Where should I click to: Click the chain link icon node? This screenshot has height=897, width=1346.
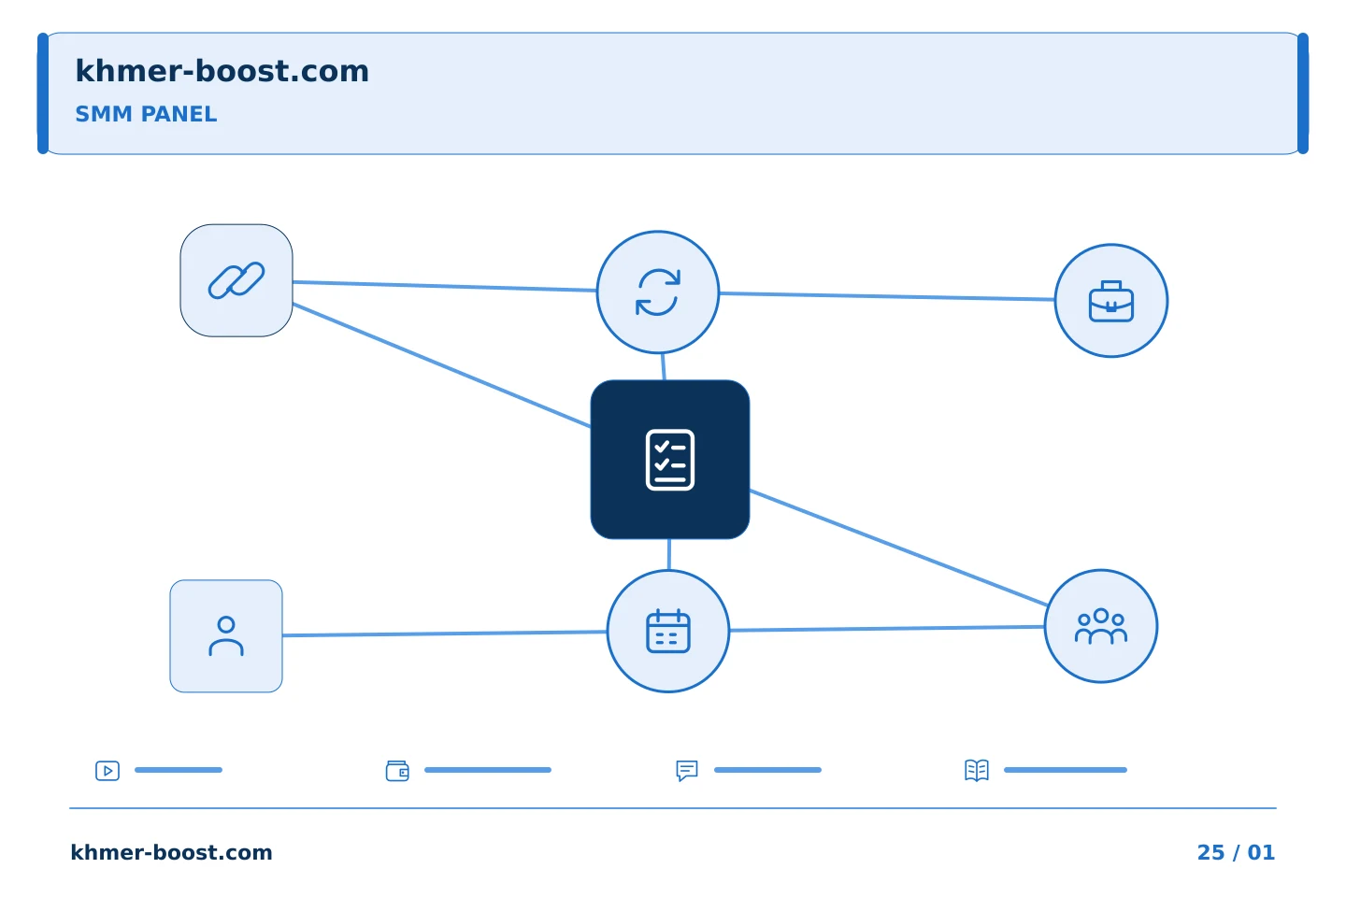[236, 280]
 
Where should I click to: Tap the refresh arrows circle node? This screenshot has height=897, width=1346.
[658, 292]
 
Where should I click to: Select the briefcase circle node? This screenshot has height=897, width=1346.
[1111, 301]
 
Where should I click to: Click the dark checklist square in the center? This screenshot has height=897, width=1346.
[670, 460]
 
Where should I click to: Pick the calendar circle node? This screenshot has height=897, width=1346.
[668, 632]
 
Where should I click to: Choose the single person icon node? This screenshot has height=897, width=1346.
[226, 636]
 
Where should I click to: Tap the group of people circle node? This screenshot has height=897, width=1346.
[1101, 626]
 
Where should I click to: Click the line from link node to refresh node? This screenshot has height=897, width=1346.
[445, 286]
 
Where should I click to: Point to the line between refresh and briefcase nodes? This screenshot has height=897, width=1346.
[887, 296]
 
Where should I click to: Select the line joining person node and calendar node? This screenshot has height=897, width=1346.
[445, 634]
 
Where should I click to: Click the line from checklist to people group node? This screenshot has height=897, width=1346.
[899, 548]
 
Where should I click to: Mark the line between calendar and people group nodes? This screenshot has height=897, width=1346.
[887, 629]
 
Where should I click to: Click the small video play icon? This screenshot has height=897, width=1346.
[107, 770]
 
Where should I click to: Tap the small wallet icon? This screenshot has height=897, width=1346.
[397, 770]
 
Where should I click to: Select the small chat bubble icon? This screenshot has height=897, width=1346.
[687, 770]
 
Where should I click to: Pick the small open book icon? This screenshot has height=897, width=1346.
[977, 770]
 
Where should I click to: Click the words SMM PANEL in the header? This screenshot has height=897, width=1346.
[146, 114]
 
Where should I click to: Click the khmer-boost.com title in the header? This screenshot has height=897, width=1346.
[222, 71]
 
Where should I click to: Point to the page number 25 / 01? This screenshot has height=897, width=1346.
[1236, 852]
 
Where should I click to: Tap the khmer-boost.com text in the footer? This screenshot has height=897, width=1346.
[171, 852]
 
